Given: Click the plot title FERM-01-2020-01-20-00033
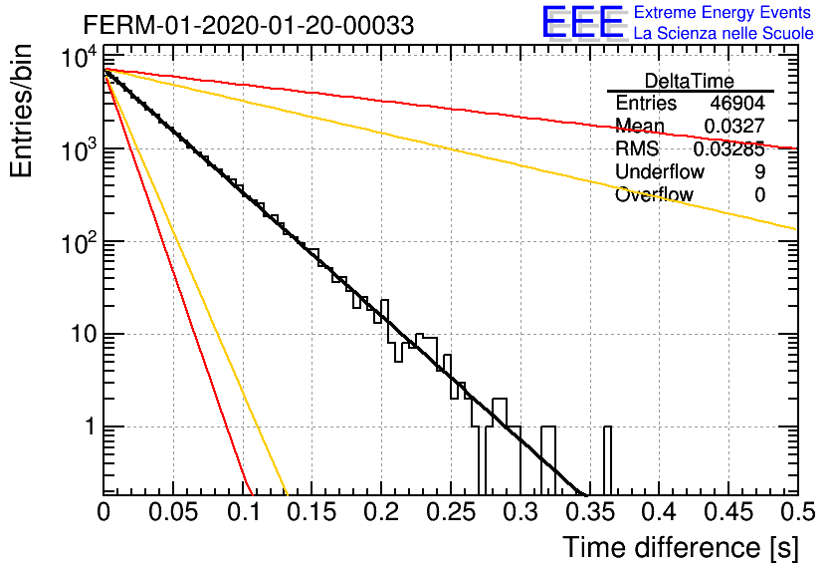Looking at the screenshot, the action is click(x=249, y=25).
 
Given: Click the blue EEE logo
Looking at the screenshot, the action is click(x=583, y=22).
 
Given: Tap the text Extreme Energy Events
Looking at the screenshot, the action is click(x=723, y=12).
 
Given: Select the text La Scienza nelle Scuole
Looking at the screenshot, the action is click(x=724, y=33).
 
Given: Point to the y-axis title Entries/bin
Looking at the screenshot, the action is click(x=21, y=112).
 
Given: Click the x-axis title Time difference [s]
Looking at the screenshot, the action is click(x=681, y=547).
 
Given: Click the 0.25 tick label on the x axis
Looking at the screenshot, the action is click(x=451, y=511).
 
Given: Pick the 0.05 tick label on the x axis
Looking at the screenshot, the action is click(x=173, y=511).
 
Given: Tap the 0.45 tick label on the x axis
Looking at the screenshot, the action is click(x=729, y=511).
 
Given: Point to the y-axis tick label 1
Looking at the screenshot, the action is click(x=91, y=427).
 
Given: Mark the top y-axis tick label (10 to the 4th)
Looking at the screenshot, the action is click(x=79, y=57).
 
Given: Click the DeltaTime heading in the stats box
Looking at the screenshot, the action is click(x=690, y=81).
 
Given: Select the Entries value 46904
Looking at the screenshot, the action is click(x=737, y=103).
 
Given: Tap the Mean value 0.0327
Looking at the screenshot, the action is click(x=734, y=126).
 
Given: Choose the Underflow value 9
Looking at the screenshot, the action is click(x=759, y=171).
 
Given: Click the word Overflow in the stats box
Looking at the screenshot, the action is click(x=654, y=194).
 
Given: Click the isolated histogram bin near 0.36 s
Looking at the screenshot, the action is click(x=607, y=460).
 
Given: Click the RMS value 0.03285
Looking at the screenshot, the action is click(x=729, y=148).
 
